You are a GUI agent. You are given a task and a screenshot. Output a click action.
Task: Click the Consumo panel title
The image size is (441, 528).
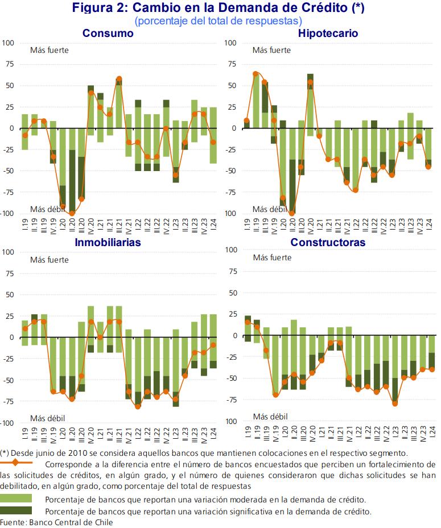[108, 34]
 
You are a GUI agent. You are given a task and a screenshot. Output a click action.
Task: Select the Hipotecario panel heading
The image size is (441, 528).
[328, 34]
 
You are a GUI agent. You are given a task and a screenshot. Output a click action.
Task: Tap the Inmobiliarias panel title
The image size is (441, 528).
[108, 243]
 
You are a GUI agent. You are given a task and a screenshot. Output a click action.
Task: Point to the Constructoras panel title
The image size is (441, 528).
[328, 243]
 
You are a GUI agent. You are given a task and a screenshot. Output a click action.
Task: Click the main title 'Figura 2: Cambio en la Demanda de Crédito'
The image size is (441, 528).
[219, 7]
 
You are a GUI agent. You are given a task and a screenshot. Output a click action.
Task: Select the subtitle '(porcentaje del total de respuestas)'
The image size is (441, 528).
[219, 21]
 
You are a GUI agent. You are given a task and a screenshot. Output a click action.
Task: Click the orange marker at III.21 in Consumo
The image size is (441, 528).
[119, 79]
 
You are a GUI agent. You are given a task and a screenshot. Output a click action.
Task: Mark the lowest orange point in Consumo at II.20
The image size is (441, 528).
[72, 213]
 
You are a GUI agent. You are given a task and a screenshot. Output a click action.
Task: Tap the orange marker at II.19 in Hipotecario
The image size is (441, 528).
[255, 74]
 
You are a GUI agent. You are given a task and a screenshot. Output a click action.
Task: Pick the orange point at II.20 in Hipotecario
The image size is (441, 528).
[292, 213]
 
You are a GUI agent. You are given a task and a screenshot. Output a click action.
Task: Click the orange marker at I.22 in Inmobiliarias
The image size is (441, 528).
[138, 406]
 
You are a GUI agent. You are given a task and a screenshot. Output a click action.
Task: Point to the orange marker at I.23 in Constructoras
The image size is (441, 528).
[395, 403]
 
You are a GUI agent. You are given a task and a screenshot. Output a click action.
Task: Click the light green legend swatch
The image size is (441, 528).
[16, 498]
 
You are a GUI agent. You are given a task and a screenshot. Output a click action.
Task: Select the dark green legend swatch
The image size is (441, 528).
[16, 510]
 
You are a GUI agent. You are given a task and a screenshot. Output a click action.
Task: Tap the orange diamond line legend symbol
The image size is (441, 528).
[15, 462]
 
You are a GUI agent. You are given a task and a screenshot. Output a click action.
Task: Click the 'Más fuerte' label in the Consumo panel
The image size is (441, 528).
[50, 50]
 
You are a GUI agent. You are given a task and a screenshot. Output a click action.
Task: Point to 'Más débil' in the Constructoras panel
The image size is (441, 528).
[270, 417]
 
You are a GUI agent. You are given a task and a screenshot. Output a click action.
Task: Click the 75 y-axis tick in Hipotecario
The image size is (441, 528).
[232, 64]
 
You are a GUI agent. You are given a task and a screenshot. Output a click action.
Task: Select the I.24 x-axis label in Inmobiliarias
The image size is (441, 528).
[213, 434]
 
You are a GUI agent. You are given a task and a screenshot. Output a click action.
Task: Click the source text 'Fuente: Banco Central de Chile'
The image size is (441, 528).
[56, 522]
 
